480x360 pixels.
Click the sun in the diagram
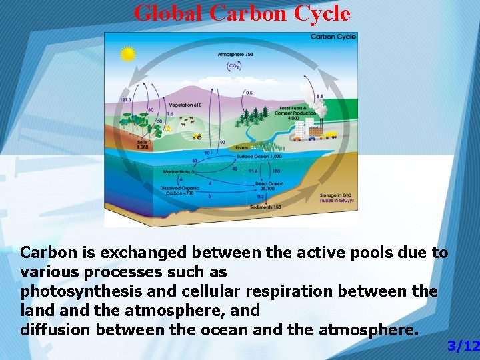click(127, 54)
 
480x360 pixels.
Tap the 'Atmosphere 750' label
click(235, 54)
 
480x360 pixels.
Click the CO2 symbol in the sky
click(235, 65)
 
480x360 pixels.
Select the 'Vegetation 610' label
click(185, 105)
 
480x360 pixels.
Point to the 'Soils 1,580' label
click(143, 145)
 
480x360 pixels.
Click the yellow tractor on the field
click(197, 136)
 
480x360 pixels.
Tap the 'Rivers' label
click(241, 148)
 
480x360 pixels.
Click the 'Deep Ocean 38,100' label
click(269, 186)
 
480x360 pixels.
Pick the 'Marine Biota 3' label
click(179, 171)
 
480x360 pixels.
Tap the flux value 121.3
click(125, 99)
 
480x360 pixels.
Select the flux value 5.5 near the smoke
click(319, 97)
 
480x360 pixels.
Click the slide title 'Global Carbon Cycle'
click(241, 13)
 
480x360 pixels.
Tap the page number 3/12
click(463, 345)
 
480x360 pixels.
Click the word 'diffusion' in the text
click(56, 329)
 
